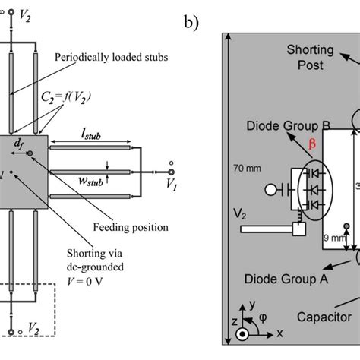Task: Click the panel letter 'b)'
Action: tap(191, 22)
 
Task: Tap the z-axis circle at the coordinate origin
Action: tap(243, 334)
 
